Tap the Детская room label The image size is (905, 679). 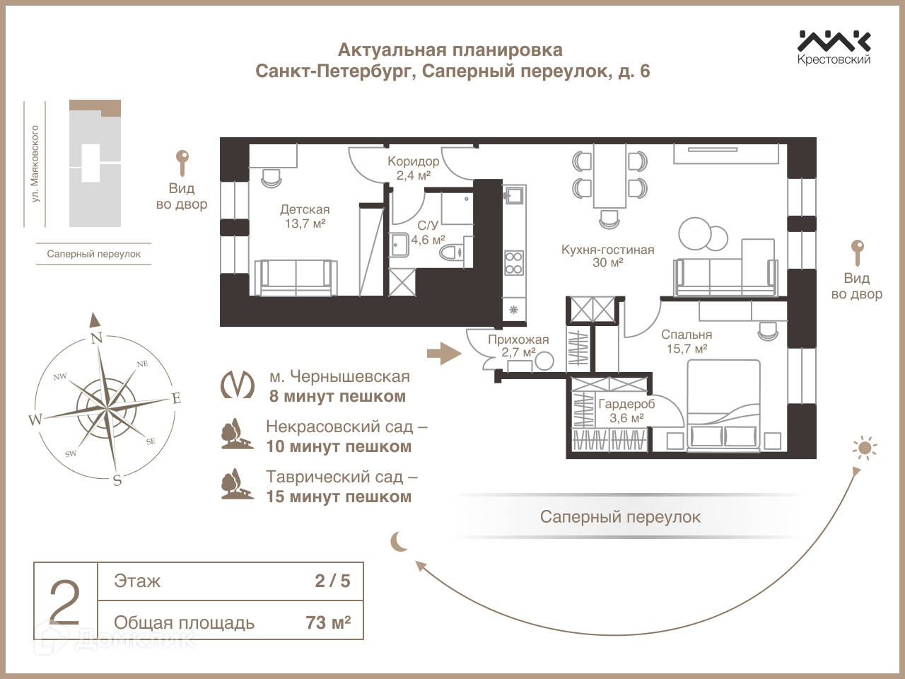pyautogui.click(x=305, y=216)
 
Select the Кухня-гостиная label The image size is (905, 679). pyautogui.click(x=607, y=255)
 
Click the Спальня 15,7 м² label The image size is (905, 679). pyautogui.click(x=687, y=341)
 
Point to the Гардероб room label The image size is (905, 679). pyautogui.click(x=626, y=410)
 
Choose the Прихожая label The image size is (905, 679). pyautogui.click(x=518, y=346)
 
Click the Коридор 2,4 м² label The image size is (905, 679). pyautogui.click(x=413, y=168)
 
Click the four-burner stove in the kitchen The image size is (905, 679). pyautogui.click(x=514, y=262)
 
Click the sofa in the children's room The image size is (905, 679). pyautogui.click(x=296, y=277)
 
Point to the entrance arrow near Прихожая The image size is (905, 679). pyautogui.click(x=444, y=352)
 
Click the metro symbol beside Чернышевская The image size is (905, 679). pyautogui.click(x=238, y=385)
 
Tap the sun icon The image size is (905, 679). pyautogui.click(x=864, y=448)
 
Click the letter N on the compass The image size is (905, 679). pyautogui.click(x=97, y=337)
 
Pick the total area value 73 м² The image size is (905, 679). pyautogui.click(x=328, y=622)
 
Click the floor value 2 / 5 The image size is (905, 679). pyautogui.click(x=332, y=581)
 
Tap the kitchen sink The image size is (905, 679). pyautogui.click(x=514, y=195)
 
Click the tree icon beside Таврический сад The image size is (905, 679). pyautogui.click(x=236, y=484)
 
